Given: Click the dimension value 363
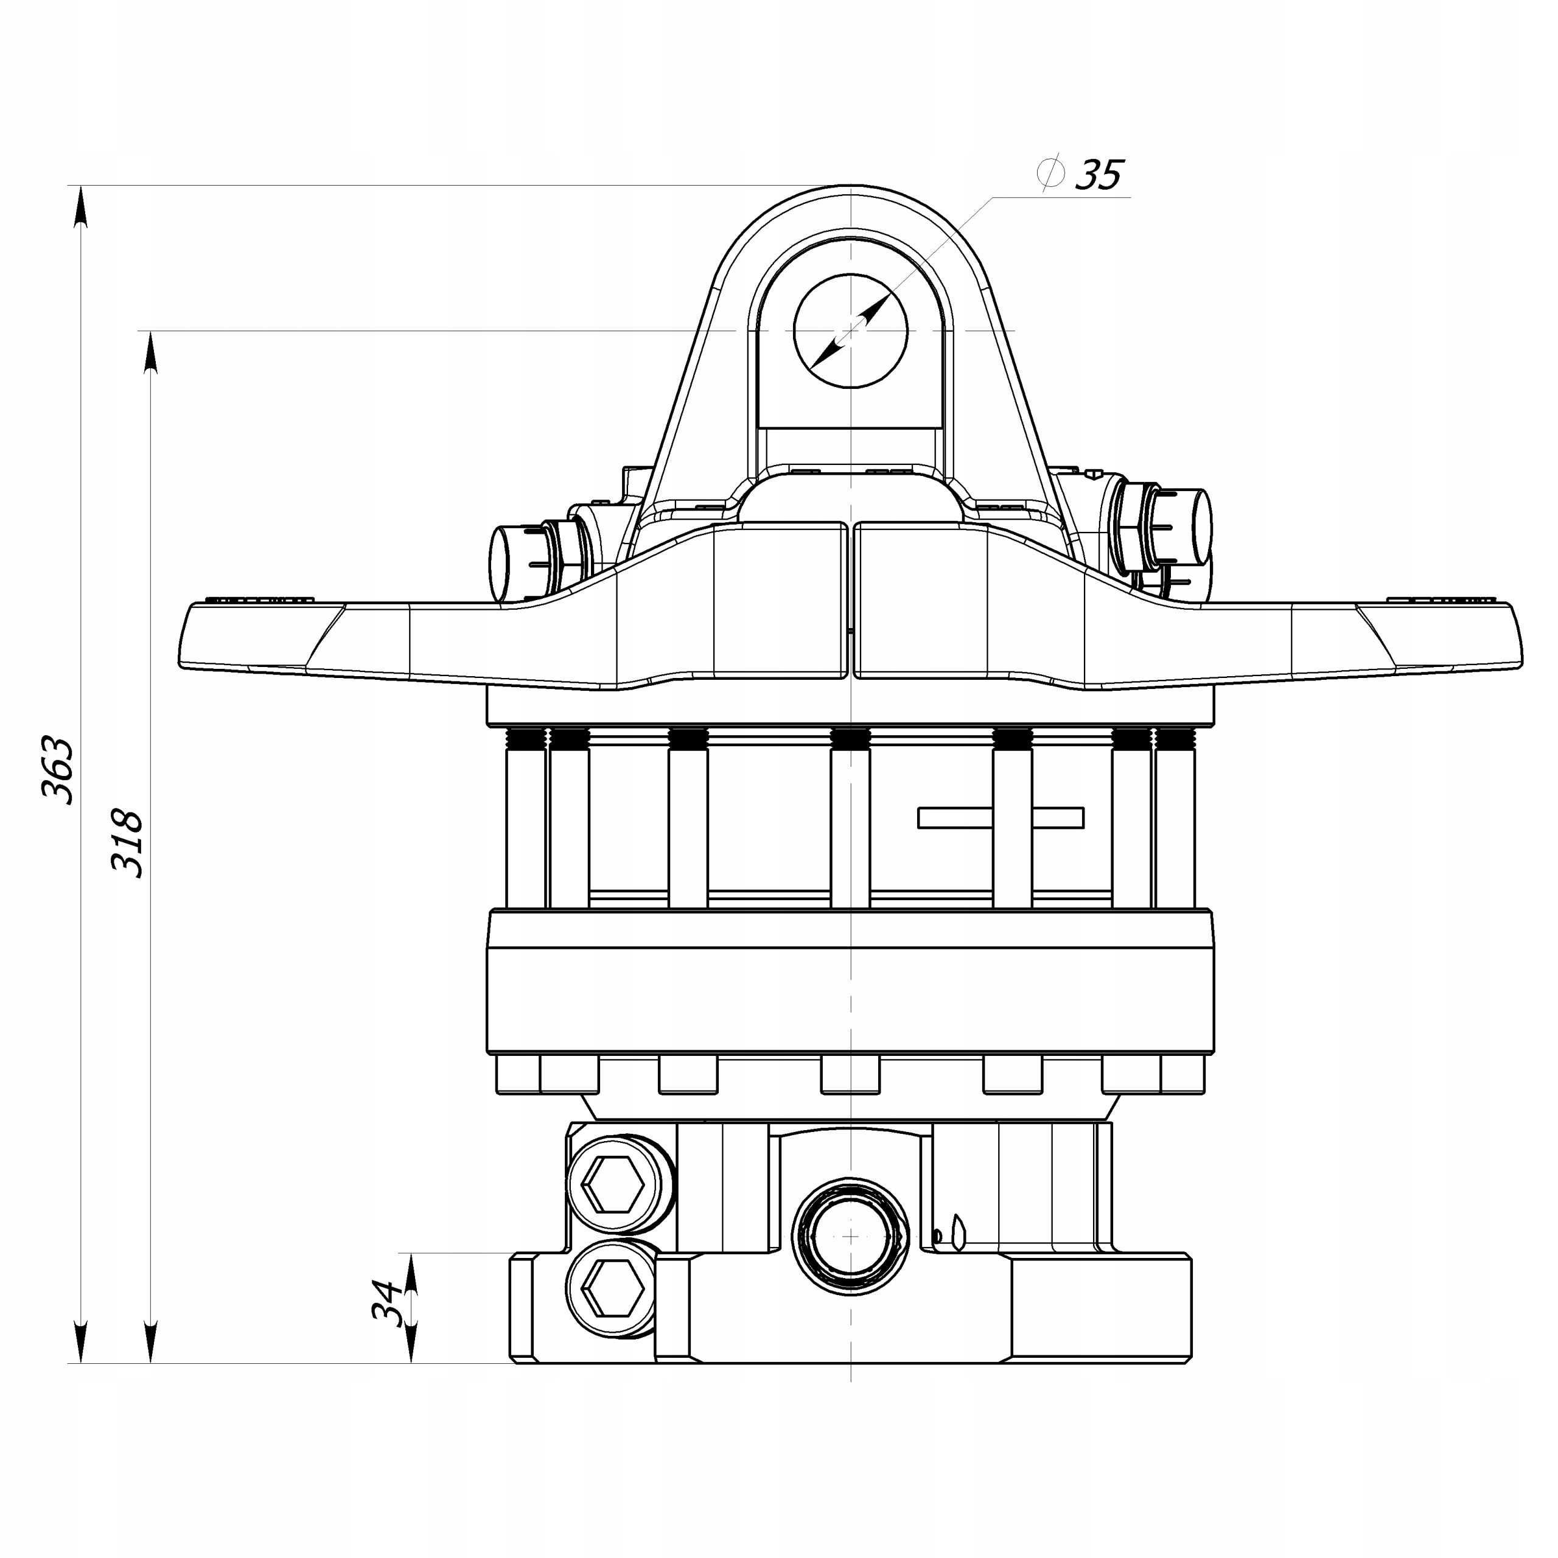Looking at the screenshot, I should (57, 769).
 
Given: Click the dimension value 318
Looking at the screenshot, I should (127, 844).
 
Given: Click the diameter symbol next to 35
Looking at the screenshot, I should (1051, 173).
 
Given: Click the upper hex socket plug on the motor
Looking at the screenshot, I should (613, 1184).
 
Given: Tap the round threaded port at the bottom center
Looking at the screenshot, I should (851, 1235).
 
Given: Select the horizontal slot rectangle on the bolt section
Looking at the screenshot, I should (1001, 818).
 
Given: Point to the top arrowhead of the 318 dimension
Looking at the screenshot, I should (150, 350).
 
